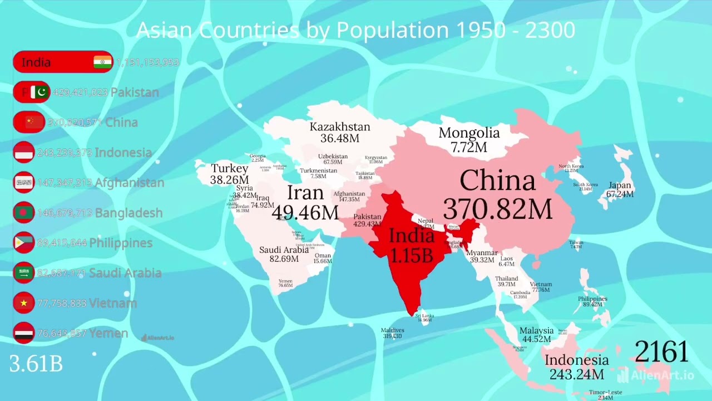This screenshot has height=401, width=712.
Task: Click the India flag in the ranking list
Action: (x=102, y=62)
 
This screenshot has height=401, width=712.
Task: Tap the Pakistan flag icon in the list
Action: (x=39, y=92)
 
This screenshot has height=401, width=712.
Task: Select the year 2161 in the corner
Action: (x=661, y=352)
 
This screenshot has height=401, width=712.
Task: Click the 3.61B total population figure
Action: (x=36, y=364)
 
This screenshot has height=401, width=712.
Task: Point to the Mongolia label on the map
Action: (x=469, y=133)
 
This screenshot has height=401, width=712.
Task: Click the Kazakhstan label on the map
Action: (x=339, y=127)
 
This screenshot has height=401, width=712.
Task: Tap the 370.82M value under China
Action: (x=498, y=209)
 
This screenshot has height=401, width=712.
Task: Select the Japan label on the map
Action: (x=620, y=185)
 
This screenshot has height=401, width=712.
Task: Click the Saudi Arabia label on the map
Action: (x=284, y=250)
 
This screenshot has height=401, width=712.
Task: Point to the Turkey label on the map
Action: (x=229, y=168)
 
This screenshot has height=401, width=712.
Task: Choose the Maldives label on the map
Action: (x=392, y=330)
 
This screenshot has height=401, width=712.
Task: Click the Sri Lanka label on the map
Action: (x=424, y=316)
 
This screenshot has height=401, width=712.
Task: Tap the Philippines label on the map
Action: (x=592, y=299)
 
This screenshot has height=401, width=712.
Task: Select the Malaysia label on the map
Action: (x=536, y=331)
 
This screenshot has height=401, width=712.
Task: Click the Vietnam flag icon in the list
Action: (x=24, y=303)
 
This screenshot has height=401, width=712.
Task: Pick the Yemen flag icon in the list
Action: (x=24, y=333)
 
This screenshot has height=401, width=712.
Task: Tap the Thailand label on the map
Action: (x=506, y=278)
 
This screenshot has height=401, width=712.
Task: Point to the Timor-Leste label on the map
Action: (x=605, y=392)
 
